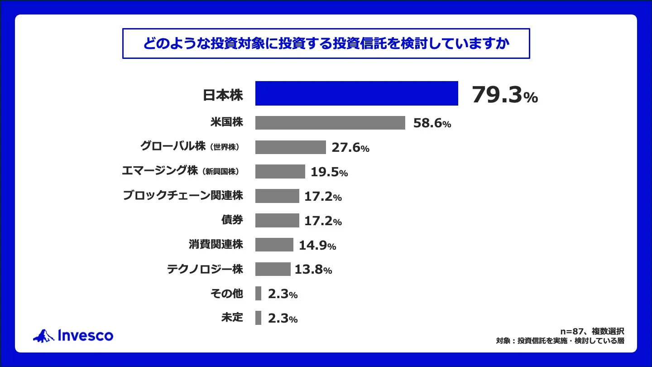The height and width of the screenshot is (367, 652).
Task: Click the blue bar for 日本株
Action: [356, 93]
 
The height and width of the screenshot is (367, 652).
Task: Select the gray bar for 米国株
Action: [330, 123]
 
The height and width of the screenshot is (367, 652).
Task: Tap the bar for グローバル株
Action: [290, 147]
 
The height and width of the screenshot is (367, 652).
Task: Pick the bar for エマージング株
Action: [280, 172]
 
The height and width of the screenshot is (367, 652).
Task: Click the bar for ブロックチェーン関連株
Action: [277, 196]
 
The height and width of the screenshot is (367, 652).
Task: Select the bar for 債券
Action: [277, 221]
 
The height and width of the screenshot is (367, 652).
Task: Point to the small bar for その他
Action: [258, 294]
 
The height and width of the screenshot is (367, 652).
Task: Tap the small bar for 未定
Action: [258, 318]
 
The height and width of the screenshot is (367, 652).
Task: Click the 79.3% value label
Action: [504, 95]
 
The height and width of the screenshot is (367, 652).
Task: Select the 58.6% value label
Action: [432, 123]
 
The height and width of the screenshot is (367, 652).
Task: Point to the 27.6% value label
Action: [350, 148]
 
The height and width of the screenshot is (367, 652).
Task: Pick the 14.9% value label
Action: [317, 246]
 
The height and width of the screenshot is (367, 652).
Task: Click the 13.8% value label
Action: [313, 270]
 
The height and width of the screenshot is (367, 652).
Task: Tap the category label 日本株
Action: [222, 95]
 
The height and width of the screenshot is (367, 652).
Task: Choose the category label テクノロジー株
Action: [205, 270]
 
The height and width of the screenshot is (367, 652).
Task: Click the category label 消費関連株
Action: [216, 245]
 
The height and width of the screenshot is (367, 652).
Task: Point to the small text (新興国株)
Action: [221, 172]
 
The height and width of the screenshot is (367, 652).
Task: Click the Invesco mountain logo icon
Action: [43, 336]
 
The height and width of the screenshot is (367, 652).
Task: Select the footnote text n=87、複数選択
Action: [592, 331]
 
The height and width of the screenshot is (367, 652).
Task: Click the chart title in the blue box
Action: [326, 43]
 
